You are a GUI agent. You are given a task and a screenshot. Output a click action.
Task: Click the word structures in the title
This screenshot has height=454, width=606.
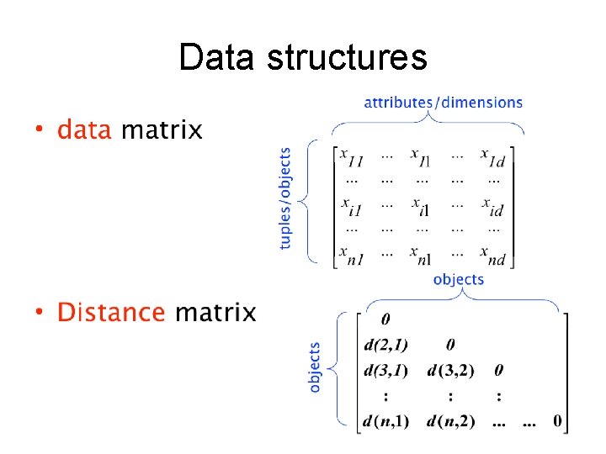pos(347,58)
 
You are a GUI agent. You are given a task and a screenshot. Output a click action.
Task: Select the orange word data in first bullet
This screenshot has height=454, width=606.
pos(84,130)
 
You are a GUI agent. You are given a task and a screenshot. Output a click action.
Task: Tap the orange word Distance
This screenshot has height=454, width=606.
pos(111,313)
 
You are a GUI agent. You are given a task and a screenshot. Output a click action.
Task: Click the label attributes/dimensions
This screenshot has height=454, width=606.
pos(443,103)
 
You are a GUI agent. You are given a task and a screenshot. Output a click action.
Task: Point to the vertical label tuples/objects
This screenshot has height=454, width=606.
pos(286,198)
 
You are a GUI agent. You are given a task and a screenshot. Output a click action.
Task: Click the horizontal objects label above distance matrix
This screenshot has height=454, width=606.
pos(459,279)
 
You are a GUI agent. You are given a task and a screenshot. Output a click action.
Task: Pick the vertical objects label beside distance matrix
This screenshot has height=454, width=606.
pos(315,367)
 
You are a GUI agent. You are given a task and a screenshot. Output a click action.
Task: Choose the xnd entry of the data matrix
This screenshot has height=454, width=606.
pos(493,255)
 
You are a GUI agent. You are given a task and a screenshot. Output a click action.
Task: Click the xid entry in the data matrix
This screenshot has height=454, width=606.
pos(493,206)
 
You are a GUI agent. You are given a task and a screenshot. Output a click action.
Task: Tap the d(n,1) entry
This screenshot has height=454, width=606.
pos(386,421)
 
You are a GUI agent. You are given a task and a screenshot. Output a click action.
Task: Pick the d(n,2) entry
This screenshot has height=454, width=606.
pos(451,421)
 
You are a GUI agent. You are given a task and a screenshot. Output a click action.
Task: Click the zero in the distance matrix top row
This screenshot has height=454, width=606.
pos(385,319)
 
